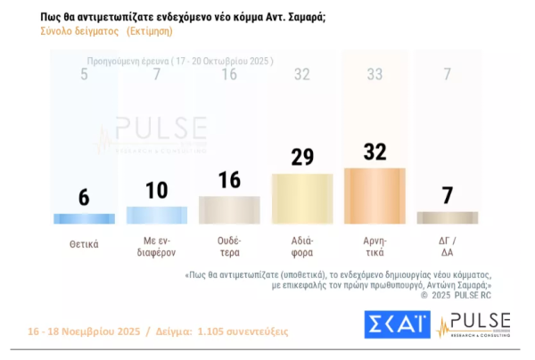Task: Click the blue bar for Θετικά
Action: [84, 218]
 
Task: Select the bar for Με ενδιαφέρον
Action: [156, 215]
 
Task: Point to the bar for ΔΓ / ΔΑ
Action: [447, 217]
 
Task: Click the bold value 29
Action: [301, 158]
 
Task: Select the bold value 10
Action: [156, 190]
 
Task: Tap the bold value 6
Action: [84, 197]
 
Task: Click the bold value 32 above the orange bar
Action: [374, 151]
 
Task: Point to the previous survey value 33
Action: [374, 74]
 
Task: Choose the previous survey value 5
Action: [84, 74]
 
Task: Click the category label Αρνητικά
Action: [374, 243]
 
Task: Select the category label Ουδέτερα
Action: [229, 243]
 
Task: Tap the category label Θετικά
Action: [84, 243]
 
